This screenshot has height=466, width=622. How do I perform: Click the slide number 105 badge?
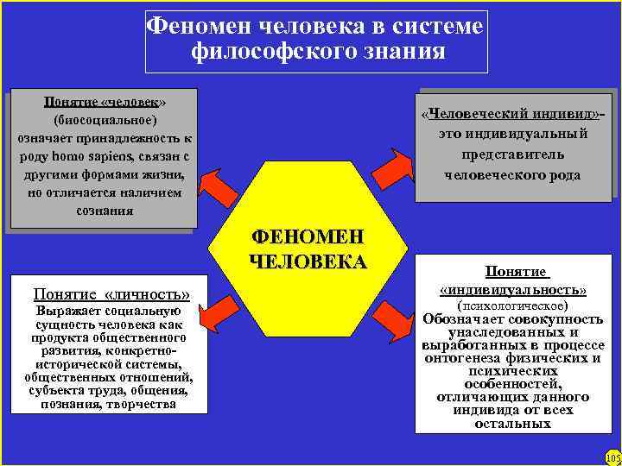(612, 457)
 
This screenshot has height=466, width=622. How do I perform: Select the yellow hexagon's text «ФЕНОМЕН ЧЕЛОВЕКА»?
(308, 249)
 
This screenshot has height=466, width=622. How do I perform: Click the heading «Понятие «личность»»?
(111, 293)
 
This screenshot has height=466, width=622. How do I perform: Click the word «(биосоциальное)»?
(105, 119)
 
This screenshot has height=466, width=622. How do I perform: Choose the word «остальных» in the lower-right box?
(513, 424)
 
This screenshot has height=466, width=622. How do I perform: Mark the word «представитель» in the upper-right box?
(512, 154)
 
